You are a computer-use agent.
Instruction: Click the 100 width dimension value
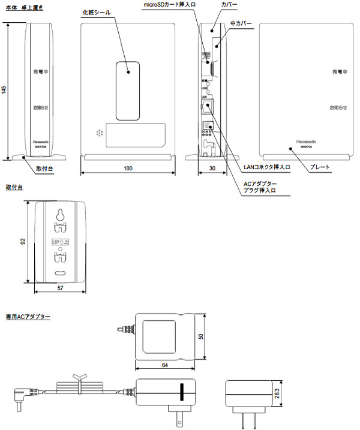128,169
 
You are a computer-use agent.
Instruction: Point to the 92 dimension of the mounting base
22,242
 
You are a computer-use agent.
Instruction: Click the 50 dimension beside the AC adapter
202,336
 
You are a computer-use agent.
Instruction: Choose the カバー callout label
229,4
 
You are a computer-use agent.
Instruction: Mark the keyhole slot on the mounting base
61,214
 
